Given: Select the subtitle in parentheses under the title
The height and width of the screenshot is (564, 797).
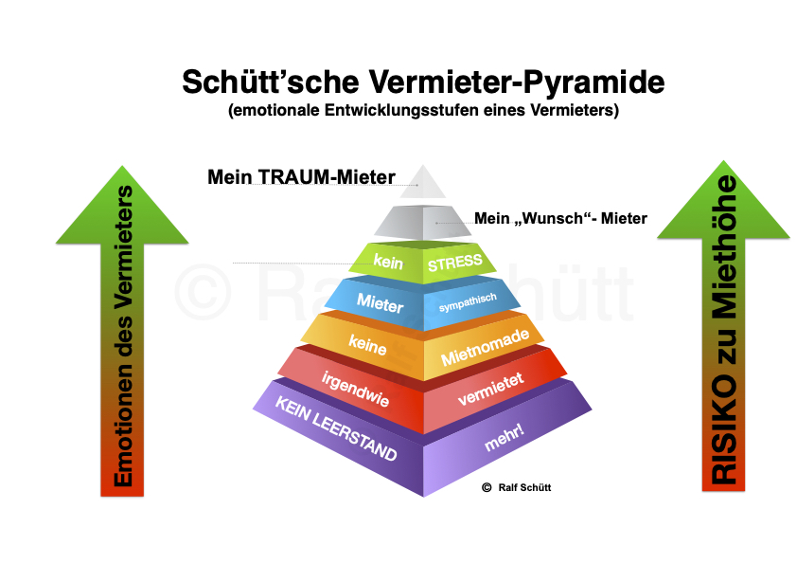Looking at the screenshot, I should (x=422, y=110).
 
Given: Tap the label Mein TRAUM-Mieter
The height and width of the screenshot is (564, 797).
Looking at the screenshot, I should (x=300, y=176).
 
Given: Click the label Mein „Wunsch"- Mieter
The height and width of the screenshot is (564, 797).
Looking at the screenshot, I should (x=560, y=219).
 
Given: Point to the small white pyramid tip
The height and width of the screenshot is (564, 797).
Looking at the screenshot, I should (x=421, y=182).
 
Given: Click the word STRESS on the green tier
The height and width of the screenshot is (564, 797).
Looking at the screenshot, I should (x=455, y=264).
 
